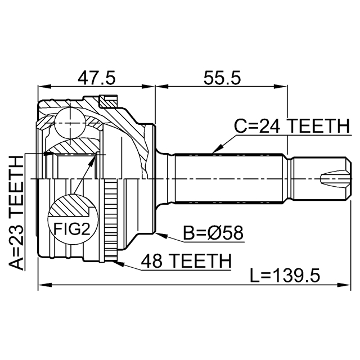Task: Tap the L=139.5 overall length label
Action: (286, 276)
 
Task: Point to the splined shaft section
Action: (231, 179)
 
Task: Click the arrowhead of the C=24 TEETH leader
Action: (214, 151)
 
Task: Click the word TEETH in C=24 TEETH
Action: (316, 127)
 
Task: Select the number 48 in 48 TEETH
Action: (152, 260)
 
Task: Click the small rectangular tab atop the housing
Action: (109, 101)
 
